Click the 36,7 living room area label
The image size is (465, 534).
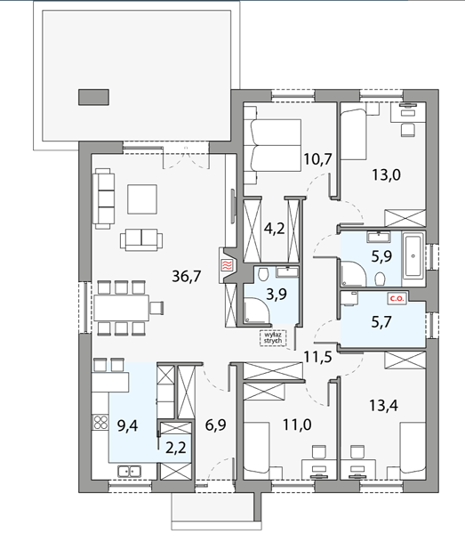tap(187, 276)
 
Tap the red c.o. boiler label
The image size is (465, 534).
tap(397, 299)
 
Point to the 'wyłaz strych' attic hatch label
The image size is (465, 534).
tap(273, 337)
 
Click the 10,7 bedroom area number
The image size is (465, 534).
tap(317, 159)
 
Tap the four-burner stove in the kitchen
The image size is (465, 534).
tap(100, 423)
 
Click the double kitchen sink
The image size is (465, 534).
tap(129, 472)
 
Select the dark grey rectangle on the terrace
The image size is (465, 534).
tap(93, 97)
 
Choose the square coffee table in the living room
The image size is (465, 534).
tap(142, 199)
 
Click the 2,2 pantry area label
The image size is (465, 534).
tap(176, 448)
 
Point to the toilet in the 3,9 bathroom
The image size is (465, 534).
tap(262, 274)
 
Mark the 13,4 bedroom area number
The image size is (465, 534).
tap(384, 406)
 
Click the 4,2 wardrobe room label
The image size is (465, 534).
tap(275, 229)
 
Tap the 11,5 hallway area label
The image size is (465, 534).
tap(317, 357)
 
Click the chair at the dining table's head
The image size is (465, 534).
tap(157, 308)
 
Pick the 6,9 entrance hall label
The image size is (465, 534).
tap(216, 425)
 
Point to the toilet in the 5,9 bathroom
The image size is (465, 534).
tap(380, 279)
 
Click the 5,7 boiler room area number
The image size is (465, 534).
tap(381, 321)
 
